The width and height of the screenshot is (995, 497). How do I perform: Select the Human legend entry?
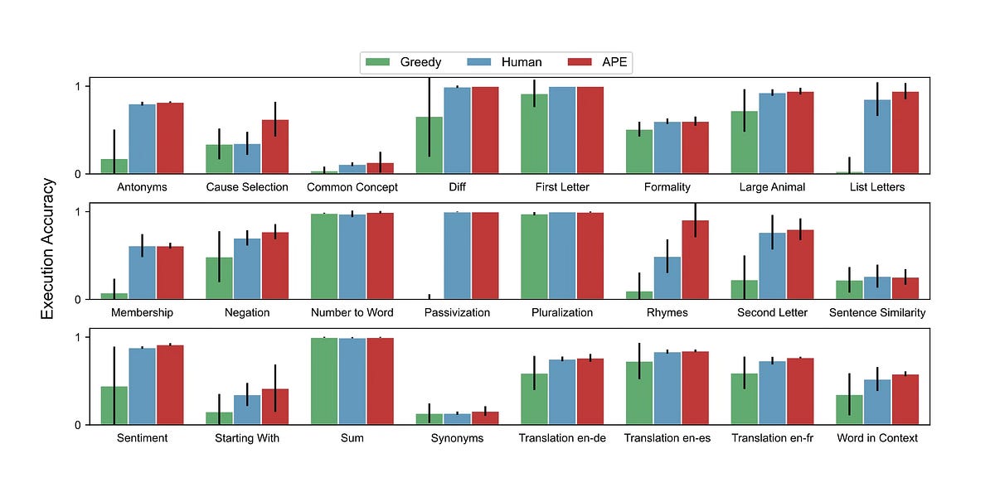506,62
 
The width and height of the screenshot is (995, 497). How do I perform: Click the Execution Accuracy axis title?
48,248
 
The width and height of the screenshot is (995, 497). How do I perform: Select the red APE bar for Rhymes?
695,259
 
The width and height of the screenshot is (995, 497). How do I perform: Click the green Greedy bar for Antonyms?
114,166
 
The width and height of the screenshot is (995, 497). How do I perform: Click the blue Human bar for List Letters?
877,137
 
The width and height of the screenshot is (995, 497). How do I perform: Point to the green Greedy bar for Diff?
429,145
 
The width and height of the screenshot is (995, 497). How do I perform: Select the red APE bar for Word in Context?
905,399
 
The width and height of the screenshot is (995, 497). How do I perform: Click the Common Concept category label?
352,187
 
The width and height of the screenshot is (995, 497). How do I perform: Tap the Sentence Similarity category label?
877,313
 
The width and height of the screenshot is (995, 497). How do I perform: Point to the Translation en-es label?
667,438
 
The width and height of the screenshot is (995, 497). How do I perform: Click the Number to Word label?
352,313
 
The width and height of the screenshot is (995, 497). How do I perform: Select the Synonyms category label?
457,438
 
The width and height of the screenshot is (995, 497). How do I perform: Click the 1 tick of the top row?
76,86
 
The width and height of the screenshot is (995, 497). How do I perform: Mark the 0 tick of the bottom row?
76,425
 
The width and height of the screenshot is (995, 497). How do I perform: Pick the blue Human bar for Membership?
142,273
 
